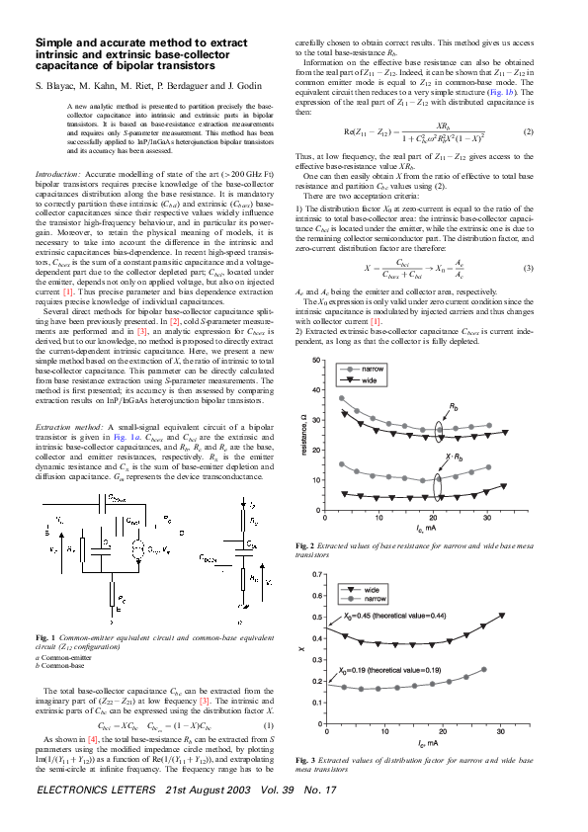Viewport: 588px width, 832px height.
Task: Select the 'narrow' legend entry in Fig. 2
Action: click(x=372, y=368)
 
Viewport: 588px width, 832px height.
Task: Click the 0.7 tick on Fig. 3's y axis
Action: click(x=314, y=574)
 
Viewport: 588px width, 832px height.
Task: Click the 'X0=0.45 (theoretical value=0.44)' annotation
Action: click(x=393, y=617)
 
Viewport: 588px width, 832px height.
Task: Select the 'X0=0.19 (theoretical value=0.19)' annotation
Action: click(x=393, y=670)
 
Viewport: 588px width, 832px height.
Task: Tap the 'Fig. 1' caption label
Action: click(x=44, y=636)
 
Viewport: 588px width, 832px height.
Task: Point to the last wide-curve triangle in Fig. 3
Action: click(x=501, y=616)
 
